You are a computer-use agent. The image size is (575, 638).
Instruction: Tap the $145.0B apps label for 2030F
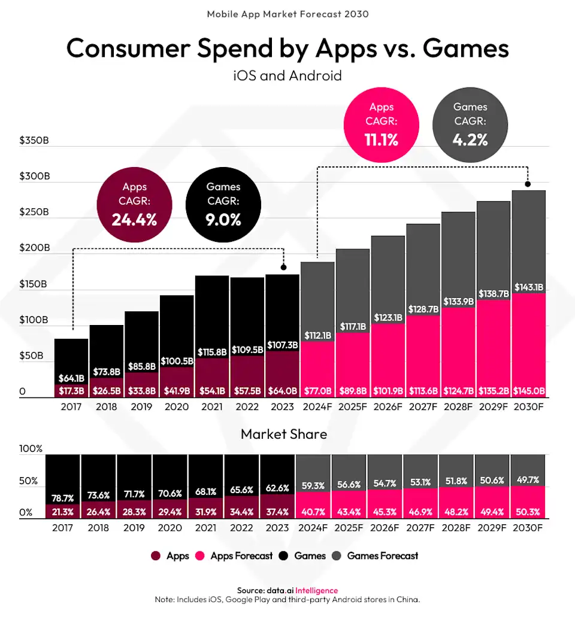(x=528, y=391)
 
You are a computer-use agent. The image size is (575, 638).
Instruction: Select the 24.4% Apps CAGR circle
(x=135, y=203)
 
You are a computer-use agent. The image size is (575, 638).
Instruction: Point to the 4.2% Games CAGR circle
(x=470, y=124)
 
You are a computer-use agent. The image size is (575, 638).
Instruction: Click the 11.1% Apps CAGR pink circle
(x=382, y=124)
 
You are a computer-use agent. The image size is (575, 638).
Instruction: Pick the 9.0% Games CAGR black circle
(x=223, y=203)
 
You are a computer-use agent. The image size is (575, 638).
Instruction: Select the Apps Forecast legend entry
(x=235, y=556)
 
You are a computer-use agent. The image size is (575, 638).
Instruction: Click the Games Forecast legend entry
(x=376, y=556)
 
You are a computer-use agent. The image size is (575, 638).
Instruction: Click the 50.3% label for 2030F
(x=528, y=512)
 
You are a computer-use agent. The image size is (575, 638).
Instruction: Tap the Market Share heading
(x=284, y=434)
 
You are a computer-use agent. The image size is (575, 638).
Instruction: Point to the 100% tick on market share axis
(x=31, y=449)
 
